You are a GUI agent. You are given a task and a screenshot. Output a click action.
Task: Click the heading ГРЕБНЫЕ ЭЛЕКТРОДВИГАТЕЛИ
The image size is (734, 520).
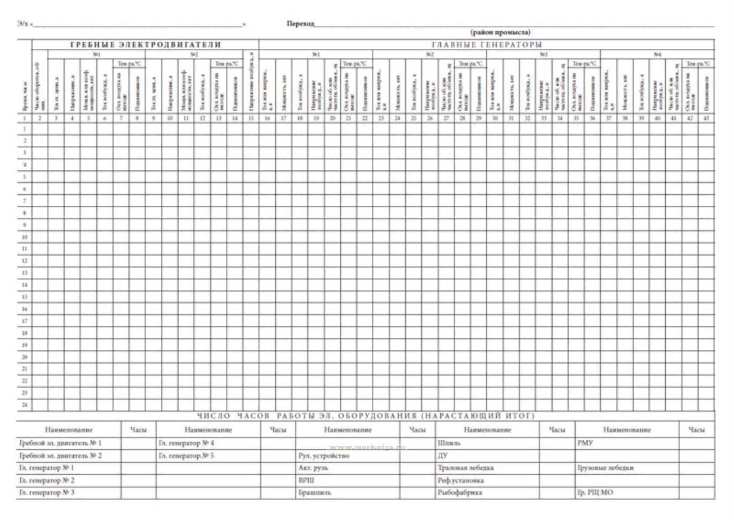[x=145, y=45]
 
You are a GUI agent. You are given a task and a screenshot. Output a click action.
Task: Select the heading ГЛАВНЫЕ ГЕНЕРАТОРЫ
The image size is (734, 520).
[x=487, y=45]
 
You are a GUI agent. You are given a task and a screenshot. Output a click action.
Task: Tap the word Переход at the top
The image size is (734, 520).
[x=300, y=24]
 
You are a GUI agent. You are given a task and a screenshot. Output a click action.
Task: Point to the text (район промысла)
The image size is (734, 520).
[x=500, y=32]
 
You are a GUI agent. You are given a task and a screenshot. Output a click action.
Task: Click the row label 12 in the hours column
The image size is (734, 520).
[x=25, y=261]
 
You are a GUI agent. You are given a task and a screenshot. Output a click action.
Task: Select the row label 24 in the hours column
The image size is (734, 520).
[x=25, y=405]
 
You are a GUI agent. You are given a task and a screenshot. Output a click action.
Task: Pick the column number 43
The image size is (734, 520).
[x=706, y=118]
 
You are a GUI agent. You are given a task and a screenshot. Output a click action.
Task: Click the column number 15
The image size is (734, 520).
[x=251, y=118]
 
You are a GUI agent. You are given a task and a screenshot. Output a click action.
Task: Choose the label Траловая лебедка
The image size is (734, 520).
[x=465, y=468]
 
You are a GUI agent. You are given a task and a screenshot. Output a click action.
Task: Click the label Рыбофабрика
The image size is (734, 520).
[x=459, y=493]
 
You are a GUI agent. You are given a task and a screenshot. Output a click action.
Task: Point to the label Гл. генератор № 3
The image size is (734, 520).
[x=47, y=493]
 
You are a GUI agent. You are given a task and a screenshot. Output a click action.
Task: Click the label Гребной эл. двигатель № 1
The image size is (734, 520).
[x=60, y=443]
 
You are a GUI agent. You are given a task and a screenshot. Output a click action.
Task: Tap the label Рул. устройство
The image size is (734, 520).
[x=324, y=456]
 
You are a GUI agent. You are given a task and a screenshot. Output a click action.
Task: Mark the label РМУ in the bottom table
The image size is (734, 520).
[x=585, y=443]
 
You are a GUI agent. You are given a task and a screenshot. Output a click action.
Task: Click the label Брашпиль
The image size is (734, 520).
[x=315, y=493]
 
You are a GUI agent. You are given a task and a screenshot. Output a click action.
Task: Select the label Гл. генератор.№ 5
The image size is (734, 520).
[x=186, y=456]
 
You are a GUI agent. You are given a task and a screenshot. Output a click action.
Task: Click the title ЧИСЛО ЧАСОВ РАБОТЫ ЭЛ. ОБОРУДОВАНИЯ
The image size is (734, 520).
[x=365, y=416]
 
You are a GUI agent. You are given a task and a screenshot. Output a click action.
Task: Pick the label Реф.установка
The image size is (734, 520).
[x=460, y=480]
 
